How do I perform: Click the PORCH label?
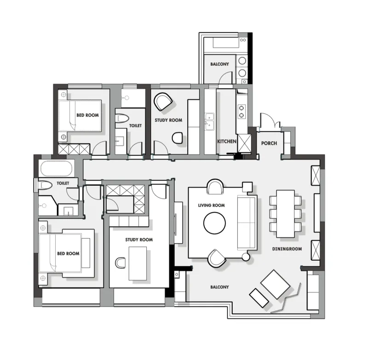269,143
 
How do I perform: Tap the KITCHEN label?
227,141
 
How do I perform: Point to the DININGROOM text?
287,249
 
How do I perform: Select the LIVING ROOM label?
211,205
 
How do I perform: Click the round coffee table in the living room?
214,223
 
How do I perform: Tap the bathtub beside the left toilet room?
56,169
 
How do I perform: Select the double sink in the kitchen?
209,121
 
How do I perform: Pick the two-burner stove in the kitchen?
241,111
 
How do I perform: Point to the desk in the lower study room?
138,263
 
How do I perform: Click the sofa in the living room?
247,223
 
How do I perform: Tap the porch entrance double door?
270,121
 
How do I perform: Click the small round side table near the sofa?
246,257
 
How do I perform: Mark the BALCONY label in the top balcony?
219,64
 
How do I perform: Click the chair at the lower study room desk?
120,263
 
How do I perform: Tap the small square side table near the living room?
247,187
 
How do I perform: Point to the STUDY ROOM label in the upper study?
168,120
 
